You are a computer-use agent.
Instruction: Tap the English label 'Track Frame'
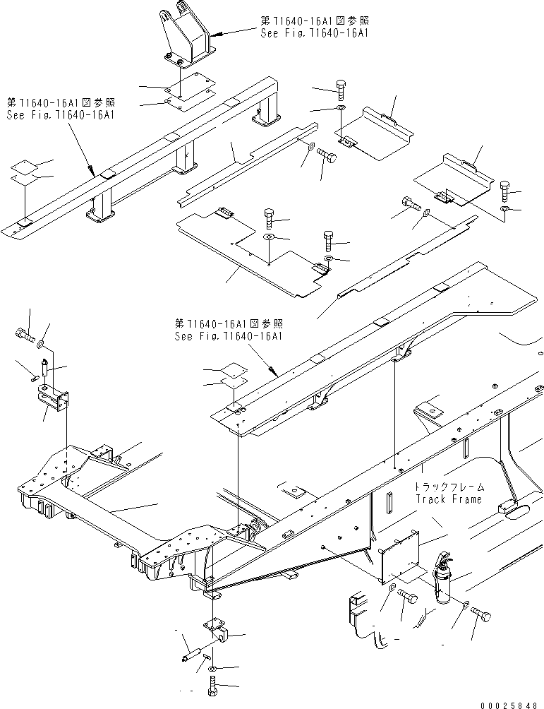[449, 499]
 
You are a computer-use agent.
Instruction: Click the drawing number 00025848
[511, 705]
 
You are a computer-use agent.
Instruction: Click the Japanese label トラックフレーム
[449, 487]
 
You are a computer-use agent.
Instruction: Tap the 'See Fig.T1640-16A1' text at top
[315, 32]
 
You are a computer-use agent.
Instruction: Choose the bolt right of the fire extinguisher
[480, 614]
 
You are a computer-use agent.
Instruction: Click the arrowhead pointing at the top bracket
[214, 34]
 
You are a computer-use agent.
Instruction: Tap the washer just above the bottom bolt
[213, 668]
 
